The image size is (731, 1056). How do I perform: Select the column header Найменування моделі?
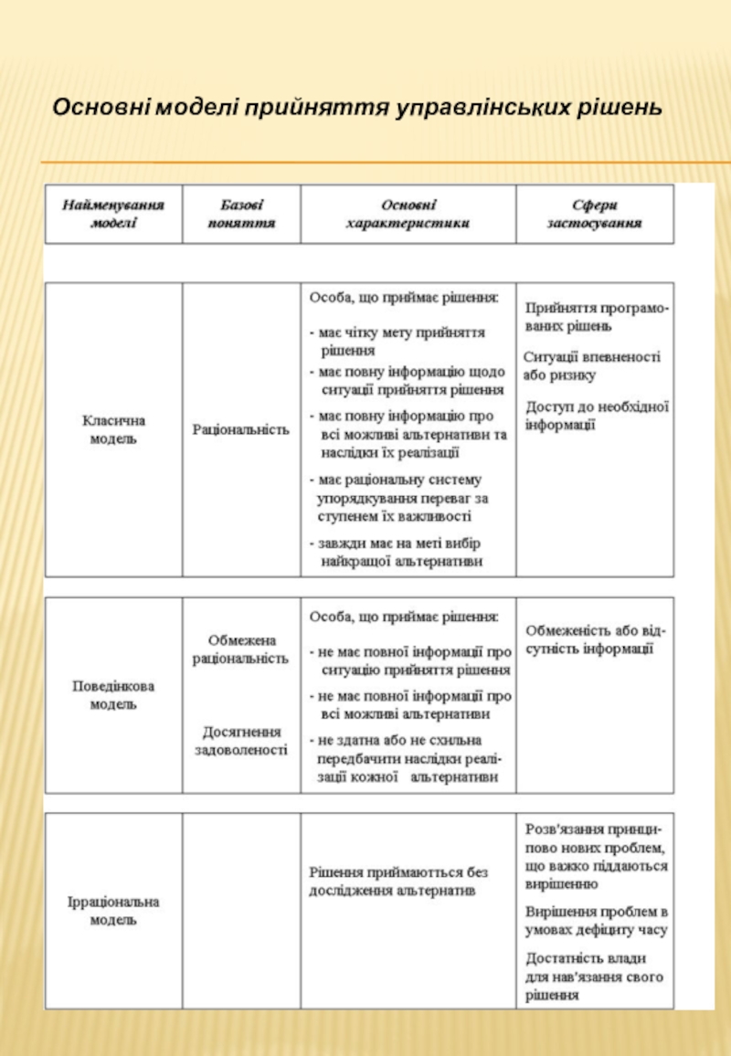(x=113, y=214)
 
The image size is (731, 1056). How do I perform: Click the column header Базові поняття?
(x=241, y=214)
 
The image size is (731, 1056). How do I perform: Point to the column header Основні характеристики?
(x=408, y=214)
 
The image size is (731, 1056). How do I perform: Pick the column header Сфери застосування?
(x=594, y=214)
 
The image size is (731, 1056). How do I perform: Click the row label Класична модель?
(x=113, y=429)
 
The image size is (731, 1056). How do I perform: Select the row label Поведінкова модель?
(x=113, y=694)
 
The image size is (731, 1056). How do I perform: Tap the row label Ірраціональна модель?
(x=113, y=911)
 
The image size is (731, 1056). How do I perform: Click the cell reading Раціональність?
(x=241, y=429)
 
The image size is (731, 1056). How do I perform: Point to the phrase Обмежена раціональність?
(x=241, y=649)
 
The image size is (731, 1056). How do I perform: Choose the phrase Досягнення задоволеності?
(x=241, y=741)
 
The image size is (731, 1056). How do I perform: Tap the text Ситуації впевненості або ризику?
(x=592, y=365)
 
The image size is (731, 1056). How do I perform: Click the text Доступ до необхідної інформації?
(x=598, y=415)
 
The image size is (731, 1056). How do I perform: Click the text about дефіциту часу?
(x=596, y=921)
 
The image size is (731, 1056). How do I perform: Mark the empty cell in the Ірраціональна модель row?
(x=241, y=911)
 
